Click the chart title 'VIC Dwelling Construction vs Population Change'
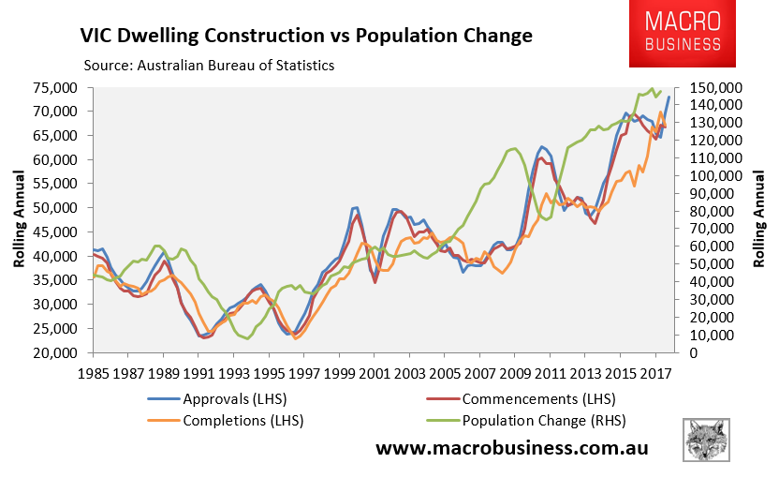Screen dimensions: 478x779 [305, 37]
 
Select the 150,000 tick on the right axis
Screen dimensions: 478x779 [715, 87]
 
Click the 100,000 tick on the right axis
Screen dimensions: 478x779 [715, 176]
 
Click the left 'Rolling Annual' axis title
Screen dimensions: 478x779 [19, 219]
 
